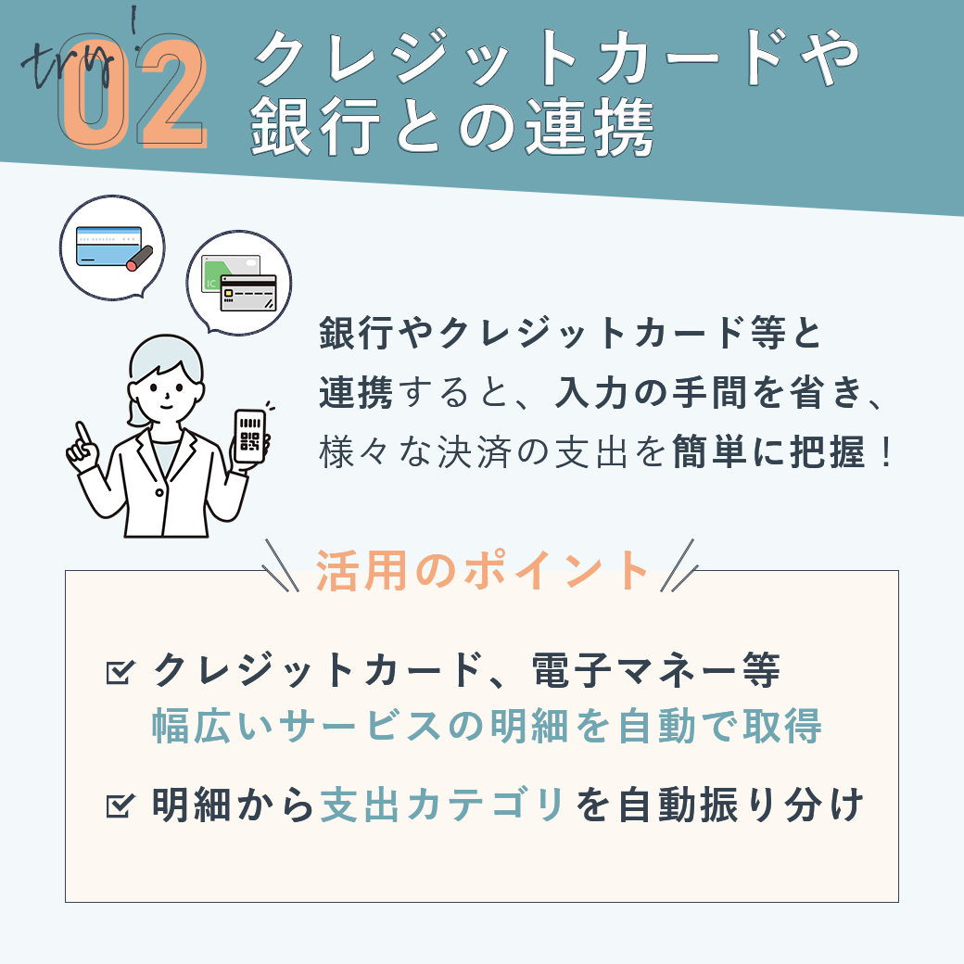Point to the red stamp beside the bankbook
click(x=140, y=259)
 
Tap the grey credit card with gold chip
click(x=248, y=293)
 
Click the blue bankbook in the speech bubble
click(x=108, y=246)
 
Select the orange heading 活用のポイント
click(x=481, y=570)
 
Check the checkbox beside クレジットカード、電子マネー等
click(x=120, y=671)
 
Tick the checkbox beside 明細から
click(x=120, y=805)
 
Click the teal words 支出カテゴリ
click(x=441, y=805)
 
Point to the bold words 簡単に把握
click(x=768, y=452)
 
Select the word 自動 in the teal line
click(x=656, y=726)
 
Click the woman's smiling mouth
click(x=167, y=405)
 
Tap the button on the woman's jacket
click(x=159, y=492)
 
